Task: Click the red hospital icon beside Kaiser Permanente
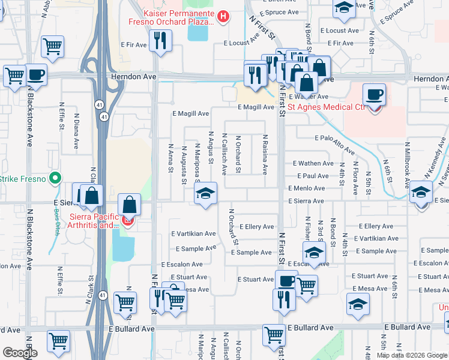pos(223,16)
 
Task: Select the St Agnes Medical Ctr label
pos(327,107)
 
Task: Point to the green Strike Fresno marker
pos(55,178)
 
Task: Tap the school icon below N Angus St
pos(205,194)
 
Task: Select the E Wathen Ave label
pos(313,163)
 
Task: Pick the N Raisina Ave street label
pos(265,155)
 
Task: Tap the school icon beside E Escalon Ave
pos(314,253)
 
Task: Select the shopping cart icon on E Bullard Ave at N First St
pos(274,334)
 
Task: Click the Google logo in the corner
pos(19,353)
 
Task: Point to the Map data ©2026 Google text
pos(412,355)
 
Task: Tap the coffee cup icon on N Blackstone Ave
pos(36,75)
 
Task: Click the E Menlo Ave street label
pos(310,188)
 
